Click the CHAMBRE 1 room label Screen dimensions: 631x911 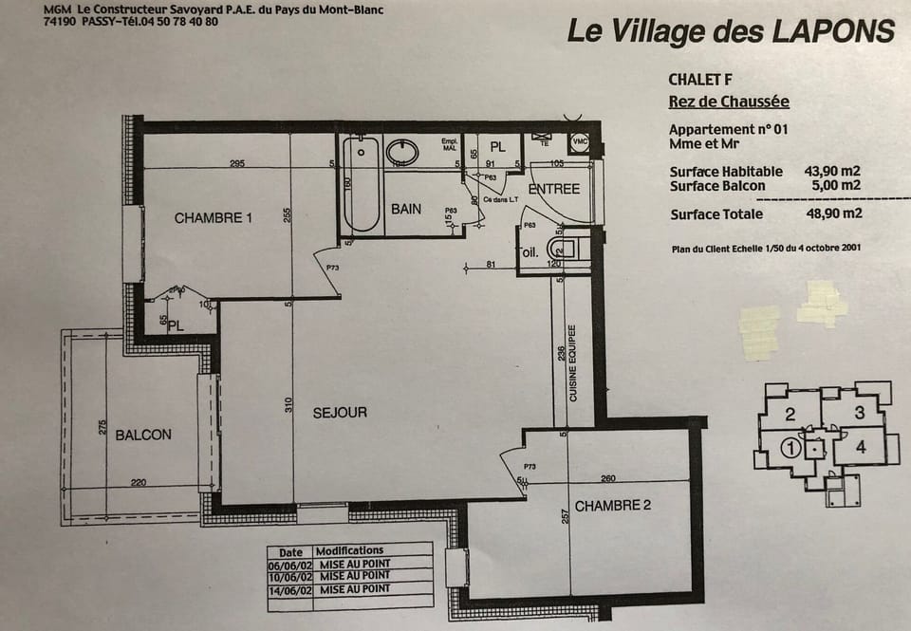coord(214,218)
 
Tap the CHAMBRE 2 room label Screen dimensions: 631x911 coord(613,506)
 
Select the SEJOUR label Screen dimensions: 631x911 coord(340,413)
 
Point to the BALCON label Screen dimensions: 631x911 coord(143,435)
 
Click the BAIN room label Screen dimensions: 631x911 coord(406,209)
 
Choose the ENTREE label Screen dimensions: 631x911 coord(553,189)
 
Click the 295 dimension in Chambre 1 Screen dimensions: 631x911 coord(237,164)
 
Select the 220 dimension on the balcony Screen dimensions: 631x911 coord(139,483)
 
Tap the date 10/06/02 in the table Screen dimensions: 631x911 coord(290,576)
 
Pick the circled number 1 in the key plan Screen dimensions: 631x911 coord(789,444)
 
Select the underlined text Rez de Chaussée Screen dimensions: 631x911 coord(728,102)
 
